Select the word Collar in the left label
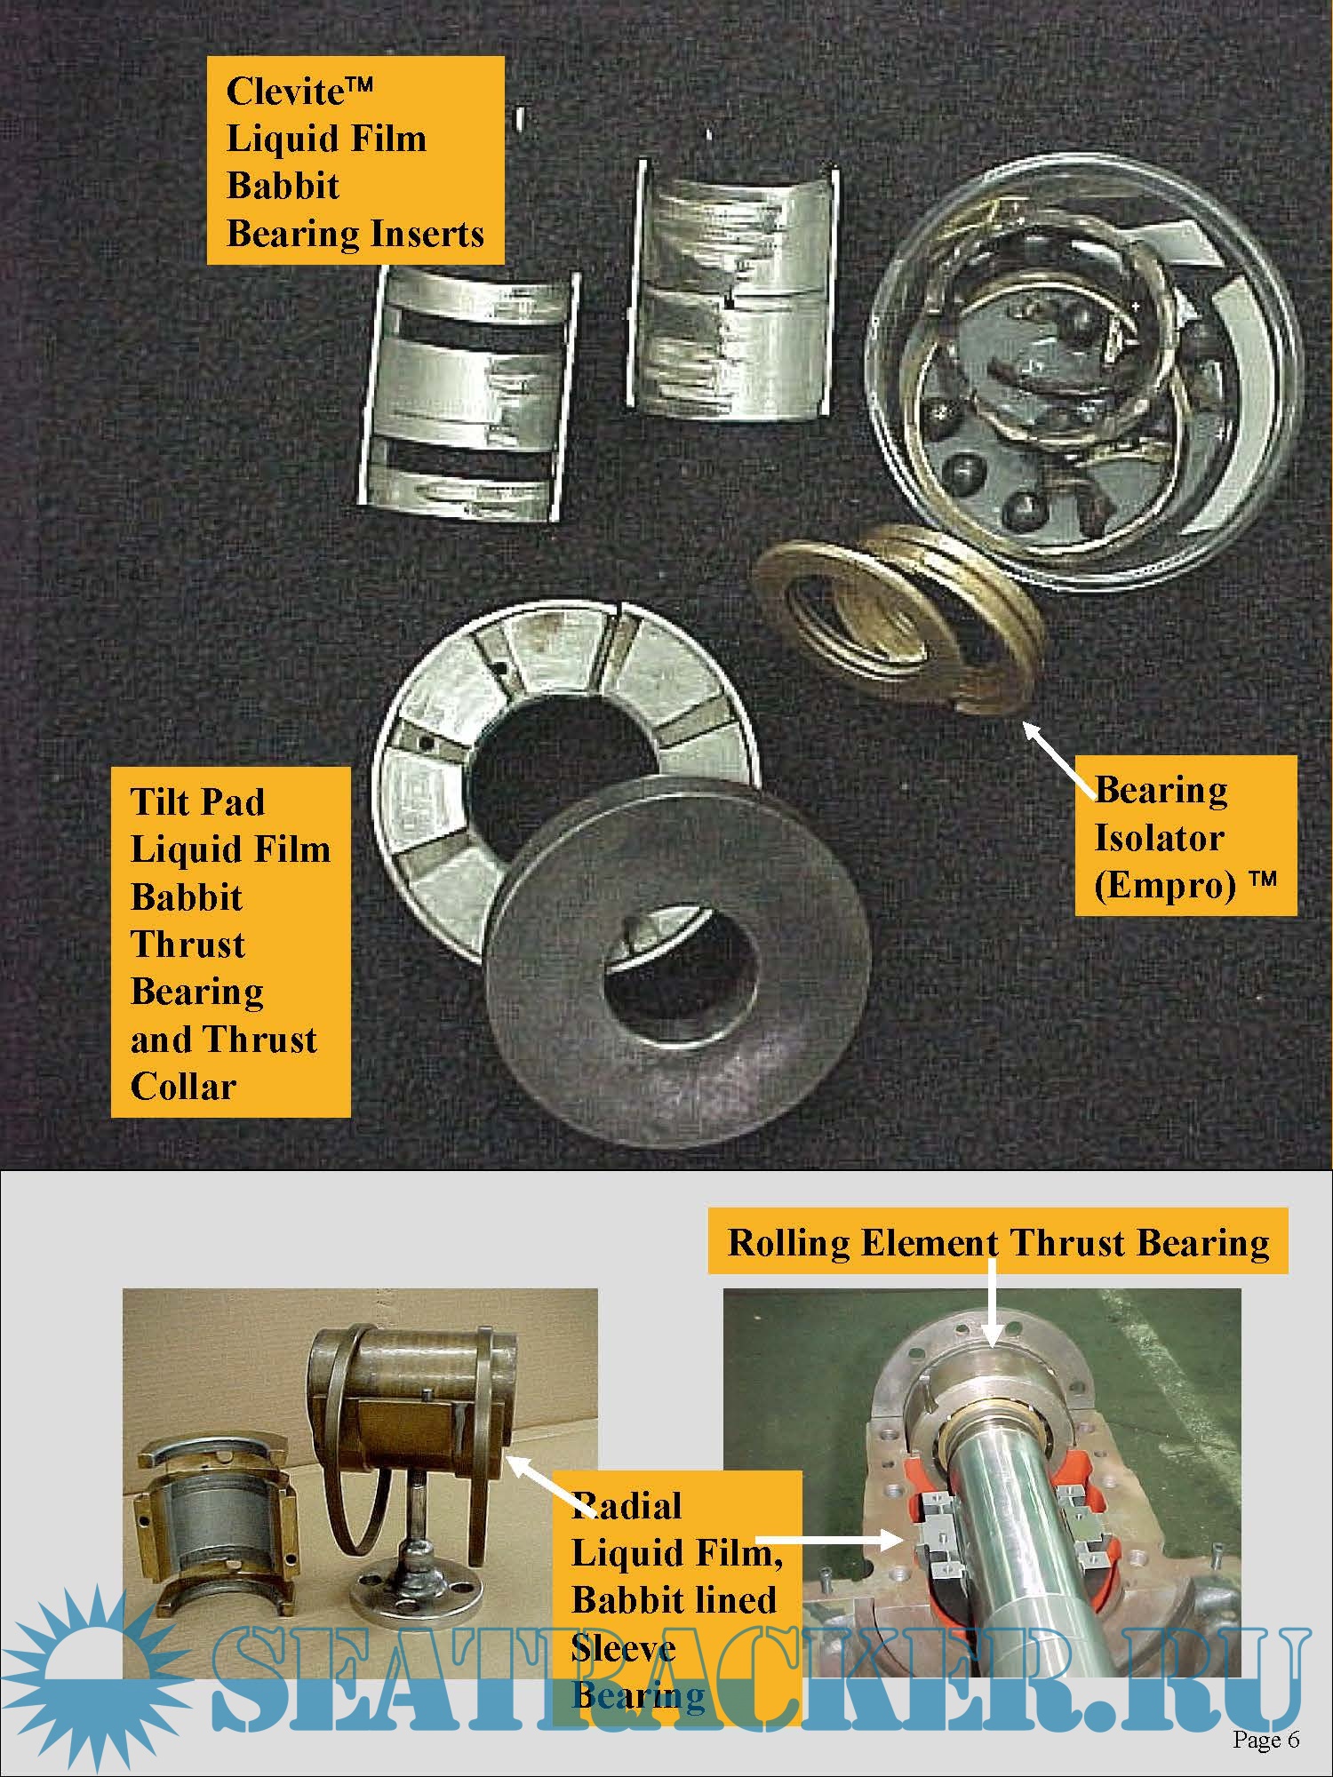(x=183, y=1086)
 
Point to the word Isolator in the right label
(x=1159, y=838)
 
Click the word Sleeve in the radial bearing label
(x=623, y=1648)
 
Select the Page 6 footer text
(x=1266, y=1739)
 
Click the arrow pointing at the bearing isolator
(x=1060, y=753)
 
